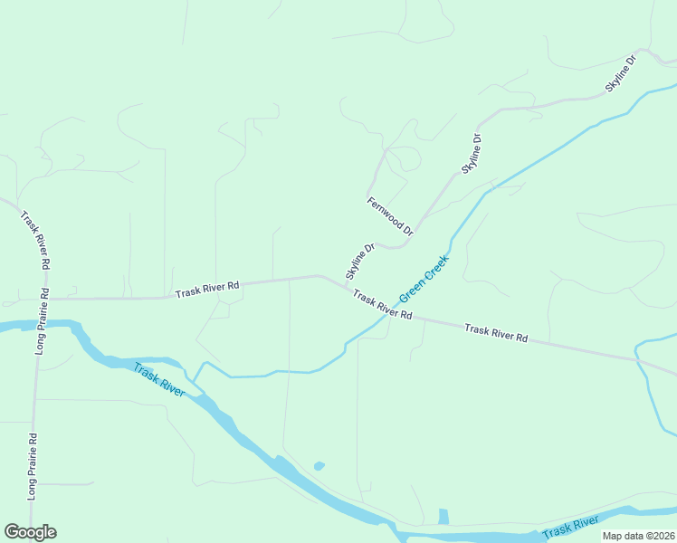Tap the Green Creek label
click(424, 278)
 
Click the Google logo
click(30, 532)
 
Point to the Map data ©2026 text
click(637, 536)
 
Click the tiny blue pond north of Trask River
click(319, 466)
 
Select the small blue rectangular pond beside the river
click(443, 517)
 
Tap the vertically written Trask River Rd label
click(34, 241)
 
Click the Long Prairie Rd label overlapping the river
click(41, 321)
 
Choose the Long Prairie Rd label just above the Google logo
click(33, 466)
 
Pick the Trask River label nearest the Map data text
click(570, 526)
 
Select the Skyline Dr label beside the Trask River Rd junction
click(359, 261)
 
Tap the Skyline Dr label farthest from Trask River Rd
click(621, 73)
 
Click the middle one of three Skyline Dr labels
click(472, 154)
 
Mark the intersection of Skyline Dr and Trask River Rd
click(346, 287)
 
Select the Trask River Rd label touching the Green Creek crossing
click(383, 304)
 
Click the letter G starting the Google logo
click(12, 532)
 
